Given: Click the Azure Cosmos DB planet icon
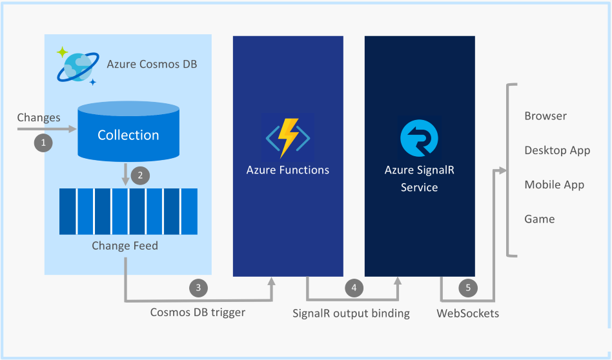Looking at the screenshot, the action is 77,66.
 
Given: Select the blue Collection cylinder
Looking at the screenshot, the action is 128,132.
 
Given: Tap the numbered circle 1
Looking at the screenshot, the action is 43,143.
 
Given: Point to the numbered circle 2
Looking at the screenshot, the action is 141,175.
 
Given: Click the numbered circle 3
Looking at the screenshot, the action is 198,288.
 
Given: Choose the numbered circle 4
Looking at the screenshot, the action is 354,288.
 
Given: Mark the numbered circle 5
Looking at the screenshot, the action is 468,288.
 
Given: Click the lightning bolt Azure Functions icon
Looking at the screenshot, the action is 288,137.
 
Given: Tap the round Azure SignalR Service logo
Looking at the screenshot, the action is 419,138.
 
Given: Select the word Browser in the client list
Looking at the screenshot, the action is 546,116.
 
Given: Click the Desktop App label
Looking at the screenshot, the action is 557,150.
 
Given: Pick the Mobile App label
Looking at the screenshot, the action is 555,185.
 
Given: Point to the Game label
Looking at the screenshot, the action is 540,219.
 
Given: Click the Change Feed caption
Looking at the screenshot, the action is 125,246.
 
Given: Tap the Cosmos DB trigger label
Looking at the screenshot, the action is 198,312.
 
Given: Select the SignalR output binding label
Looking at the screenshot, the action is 351,313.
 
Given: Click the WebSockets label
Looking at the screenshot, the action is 467,313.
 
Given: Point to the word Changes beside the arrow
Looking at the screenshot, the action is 39,118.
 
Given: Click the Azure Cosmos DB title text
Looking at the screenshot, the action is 152,64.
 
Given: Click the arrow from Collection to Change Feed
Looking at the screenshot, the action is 125,174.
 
